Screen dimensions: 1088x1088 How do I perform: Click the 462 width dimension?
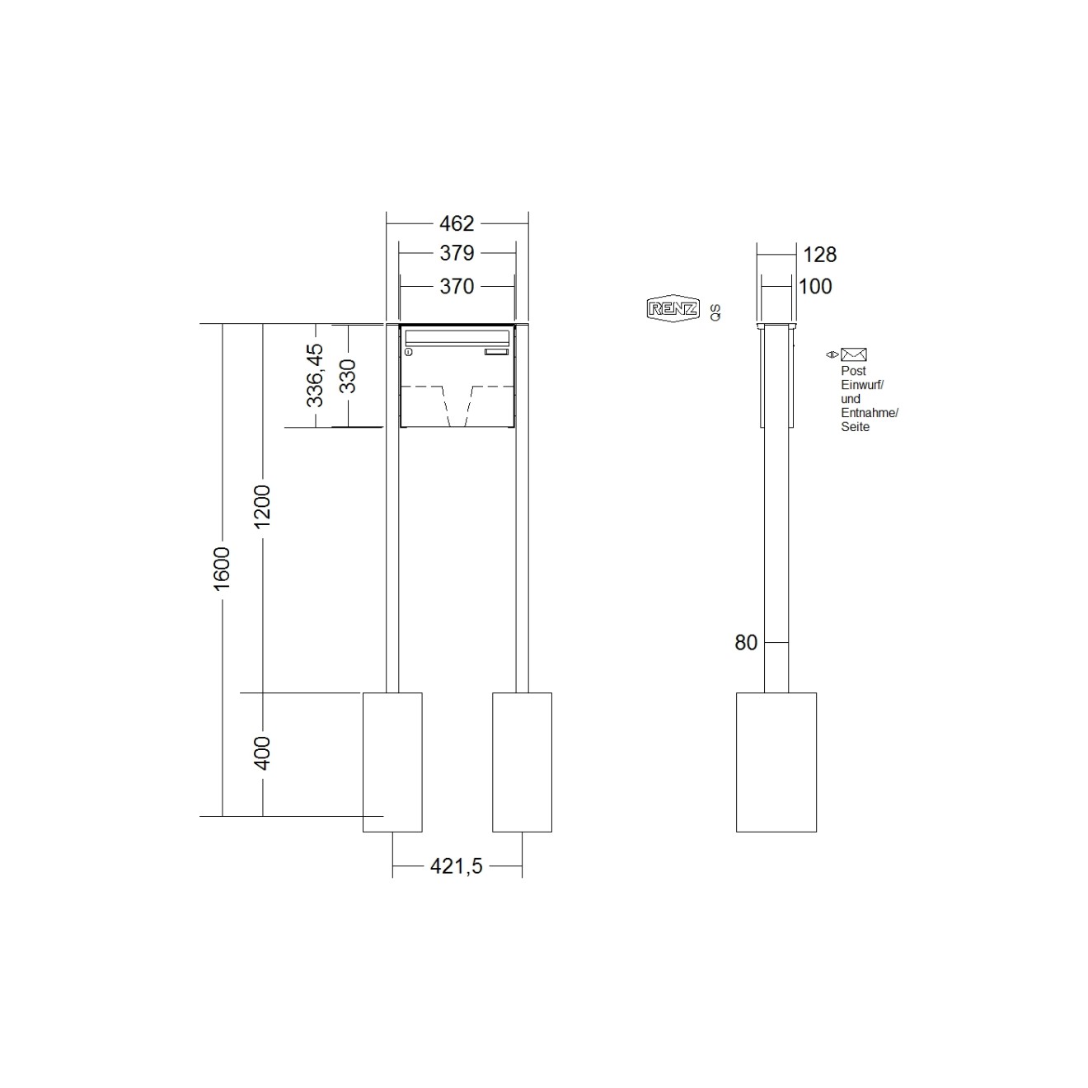pyautogui.click(x=457, y=223)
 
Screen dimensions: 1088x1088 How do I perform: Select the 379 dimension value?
pyautogui.click(x=457, y=253)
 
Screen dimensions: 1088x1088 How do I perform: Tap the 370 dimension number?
pyautogui.click(x=457, y=286)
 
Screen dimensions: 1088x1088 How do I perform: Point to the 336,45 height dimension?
pyautogui.click(x=316, y=375)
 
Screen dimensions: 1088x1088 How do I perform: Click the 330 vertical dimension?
pyautogui.click(x=348, y=376)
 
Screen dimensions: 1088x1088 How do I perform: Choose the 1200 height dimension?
pyautogui.click(x=262, y=507)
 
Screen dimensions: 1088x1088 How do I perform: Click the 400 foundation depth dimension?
pyautogui.click(x=262, y=753)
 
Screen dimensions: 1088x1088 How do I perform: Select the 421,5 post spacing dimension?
pyautogui.click(x=456, y=866)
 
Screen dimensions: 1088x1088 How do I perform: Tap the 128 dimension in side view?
pyautogui.click(x=819, y=255)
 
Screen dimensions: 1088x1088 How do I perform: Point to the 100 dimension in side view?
pyautogui.click(x=816, y=287)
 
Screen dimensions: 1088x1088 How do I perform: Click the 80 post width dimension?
pyautogui.click(x=746, y=643)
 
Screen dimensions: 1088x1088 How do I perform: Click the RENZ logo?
pyautogui.click(x=673, y=309)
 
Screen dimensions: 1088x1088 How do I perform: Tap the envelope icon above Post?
pyautogui.click(x=853, y=355)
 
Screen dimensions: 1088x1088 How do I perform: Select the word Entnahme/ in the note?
pyautogui.click(x=869, y=413)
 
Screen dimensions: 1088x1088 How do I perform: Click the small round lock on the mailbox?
pyautogui.click(x=408, y=353)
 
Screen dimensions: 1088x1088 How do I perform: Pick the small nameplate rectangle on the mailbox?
pyautogui.click(x=497, y=353)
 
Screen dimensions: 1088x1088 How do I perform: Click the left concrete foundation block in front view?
pyautogui.click(x=393, y=762)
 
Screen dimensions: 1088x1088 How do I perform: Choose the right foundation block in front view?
pyautogui.click(x=522, y=762)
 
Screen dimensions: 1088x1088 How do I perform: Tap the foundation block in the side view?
pyautogui.click(x=776, y=762)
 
